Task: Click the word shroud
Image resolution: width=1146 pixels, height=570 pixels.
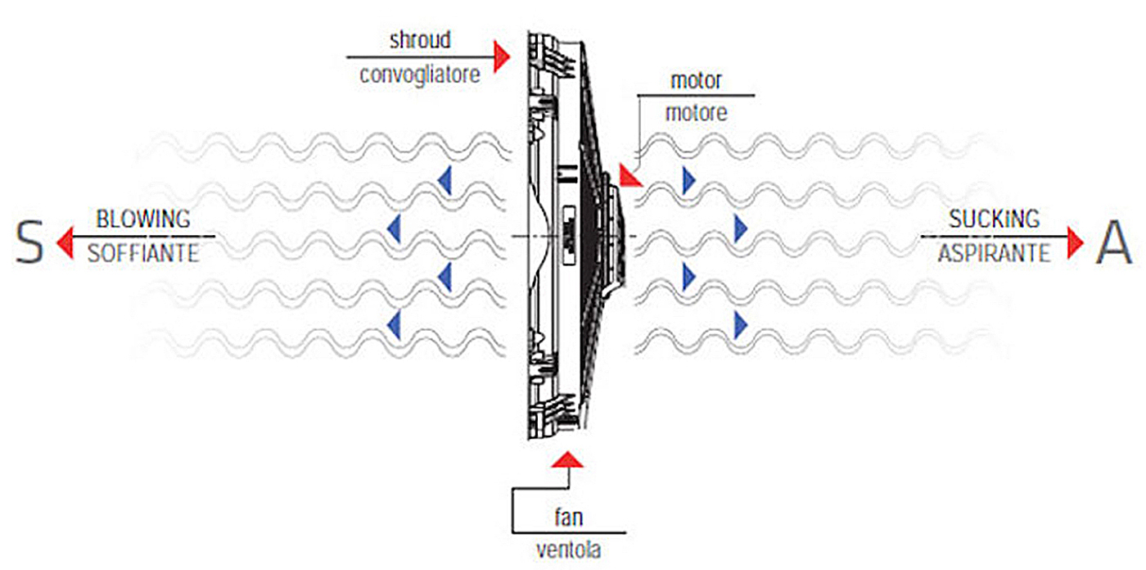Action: click(420, 40)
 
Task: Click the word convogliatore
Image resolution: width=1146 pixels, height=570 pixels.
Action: click(420, 75)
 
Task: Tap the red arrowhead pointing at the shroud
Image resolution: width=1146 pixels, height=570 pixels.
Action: click(503, 57)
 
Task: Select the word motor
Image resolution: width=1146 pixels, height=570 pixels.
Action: click(696, 80)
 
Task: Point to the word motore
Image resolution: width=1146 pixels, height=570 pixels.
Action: click(696, 112)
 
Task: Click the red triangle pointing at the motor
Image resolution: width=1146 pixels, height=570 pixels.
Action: click(629, 177)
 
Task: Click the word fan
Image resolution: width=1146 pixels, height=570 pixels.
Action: click(569, 518)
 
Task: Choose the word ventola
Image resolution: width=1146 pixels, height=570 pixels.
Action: click(568, 550)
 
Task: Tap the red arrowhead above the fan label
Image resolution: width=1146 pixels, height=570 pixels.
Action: click(567, 459)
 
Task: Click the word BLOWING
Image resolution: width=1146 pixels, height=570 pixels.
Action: click(143, 219)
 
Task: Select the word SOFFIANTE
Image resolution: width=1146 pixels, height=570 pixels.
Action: click(143, 253)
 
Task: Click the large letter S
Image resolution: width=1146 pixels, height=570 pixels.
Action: click(29, 242)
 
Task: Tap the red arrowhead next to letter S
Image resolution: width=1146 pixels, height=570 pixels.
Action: click(65, 242)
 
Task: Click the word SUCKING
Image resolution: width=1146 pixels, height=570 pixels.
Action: click(995, 219)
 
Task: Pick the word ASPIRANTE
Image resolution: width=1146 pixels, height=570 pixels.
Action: click(994, 253)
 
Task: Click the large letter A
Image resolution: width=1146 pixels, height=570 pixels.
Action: click(1112, 242)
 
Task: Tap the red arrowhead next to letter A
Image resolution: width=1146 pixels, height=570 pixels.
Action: click(1076, 242)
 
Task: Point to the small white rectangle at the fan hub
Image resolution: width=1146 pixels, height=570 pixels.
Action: click(568, 235)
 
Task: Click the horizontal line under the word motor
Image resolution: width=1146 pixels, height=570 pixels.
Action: click(696, 95)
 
